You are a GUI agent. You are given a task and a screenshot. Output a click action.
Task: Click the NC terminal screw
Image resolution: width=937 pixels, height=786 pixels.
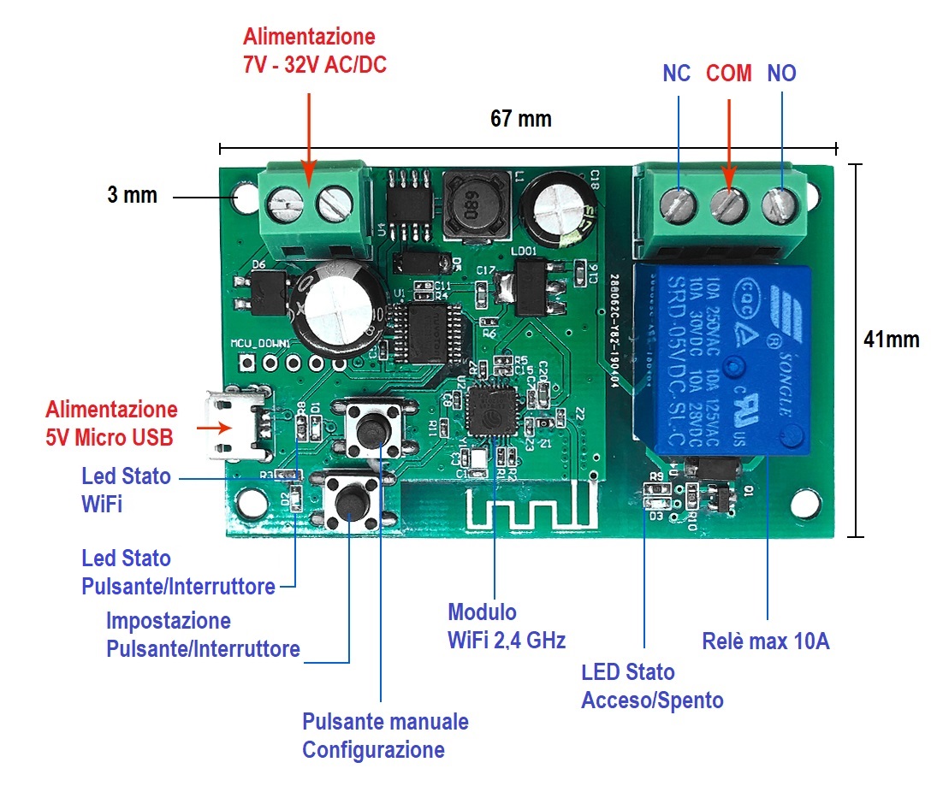[679, 204]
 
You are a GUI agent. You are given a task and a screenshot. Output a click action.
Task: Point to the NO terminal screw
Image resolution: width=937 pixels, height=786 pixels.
[780, 204]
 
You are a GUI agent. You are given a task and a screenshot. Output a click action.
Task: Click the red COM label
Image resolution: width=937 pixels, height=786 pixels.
[728, 74]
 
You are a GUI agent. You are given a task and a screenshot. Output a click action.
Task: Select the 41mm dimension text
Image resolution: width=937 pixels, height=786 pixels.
[891, 340]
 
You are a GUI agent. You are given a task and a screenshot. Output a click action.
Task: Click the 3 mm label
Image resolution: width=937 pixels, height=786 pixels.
[132, 195]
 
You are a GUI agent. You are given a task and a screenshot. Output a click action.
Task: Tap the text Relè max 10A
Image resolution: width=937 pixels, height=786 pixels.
[765, 641]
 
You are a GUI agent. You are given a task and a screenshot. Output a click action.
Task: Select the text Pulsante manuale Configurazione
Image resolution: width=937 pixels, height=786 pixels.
[385, 736]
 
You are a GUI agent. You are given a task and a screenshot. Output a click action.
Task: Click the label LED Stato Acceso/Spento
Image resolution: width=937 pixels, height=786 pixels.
[652, 686]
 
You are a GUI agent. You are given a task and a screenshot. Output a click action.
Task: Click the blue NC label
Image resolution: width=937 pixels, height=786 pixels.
[676, 74]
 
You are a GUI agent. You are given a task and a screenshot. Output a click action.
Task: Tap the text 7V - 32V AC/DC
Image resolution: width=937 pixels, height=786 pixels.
[314, 64]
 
